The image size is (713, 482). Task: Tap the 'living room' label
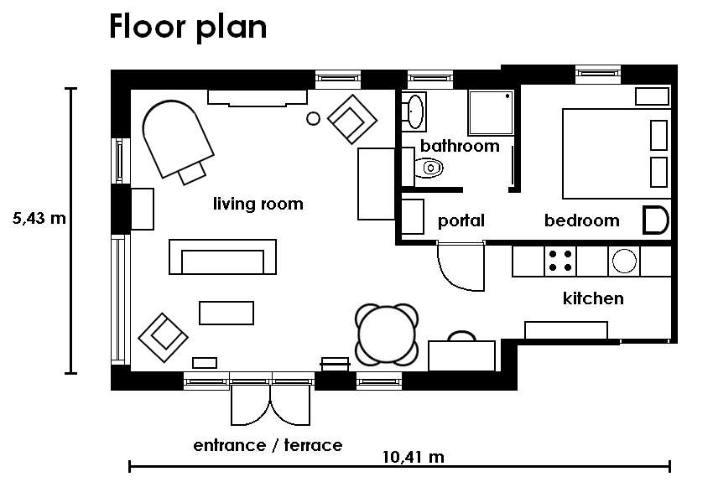[x=258, y=204]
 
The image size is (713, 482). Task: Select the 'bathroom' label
[x=460, y=146]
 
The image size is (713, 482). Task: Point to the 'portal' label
[x=461, y=221]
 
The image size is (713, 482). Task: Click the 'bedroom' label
[x=581, y=220]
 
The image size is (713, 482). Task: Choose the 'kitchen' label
[x=593, y=298]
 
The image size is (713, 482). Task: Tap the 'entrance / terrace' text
[x=268, y=445]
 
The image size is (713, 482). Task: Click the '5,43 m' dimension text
[x=39, y=219]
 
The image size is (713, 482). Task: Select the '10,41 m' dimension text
[x=414, y=457]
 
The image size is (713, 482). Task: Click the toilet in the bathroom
[x=429, y=168]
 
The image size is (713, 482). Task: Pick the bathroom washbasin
[x=414, y=111]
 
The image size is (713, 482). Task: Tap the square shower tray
[x=491, y=112]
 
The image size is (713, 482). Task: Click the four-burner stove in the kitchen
[x=560, y=262]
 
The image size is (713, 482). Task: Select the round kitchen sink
[x=624, y=262]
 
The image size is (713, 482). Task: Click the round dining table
[x=387, y=334]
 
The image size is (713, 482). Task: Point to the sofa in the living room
[x=223, y=257]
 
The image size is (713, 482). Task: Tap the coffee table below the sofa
[x=226, y=313]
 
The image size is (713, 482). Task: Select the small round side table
[x=314, y=119]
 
